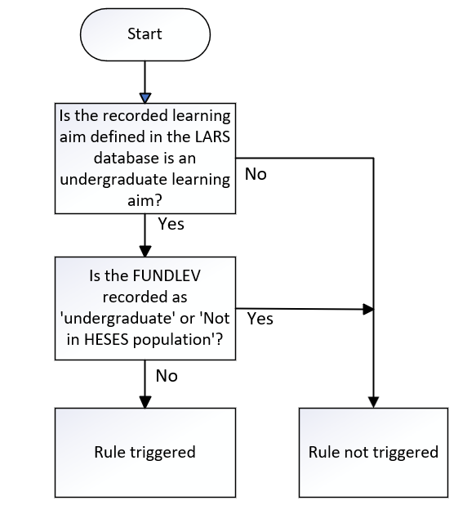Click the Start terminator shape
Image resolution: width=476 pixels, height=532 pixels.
click(x=145, y=34)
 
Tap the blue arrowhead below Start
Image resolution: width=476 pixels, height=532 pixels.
click(x=145, y=98)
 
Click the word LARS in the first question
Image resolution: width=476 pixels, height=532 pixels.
click(x=212, y=136)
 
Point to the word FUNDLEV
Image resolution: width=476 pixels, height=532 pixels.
click(x=167, y=275)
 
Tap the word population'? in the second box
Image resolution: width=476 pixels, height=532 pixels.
click(x=178, y=340)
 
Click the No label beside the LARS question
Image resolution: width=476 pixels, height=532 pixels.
click(x=256, y=174)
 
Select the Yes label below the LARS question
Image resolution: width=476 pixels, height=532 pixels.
click(x=171, y=224)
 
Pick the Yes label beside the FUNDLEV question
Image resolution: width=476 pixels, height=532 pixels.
click(x=260, y=319)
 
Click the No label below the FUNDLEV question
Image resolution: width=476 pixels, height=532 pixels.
click(x=167, y=376)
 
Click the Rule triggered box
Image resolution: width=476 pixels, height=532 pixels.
click(x=145, y=453)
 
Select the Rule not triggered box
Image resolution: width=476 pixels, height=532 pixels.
click(x=373, y=453)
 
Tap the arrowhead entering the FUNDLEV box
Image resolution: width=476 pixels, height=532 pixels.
click(x=145, y=252)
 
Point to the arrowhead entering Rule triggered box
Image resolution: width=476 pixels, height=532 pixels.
click(x=145, y=402)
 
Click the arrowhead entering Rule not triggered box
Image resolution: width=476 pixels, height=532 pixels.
click(x=373, y=402)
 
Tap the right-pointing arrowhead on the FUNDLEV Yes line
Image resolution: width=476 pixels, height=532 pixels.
click(x=368, y=309)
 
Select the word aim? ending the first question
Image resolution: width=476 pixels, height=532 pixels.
click(x=145, y=201)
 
